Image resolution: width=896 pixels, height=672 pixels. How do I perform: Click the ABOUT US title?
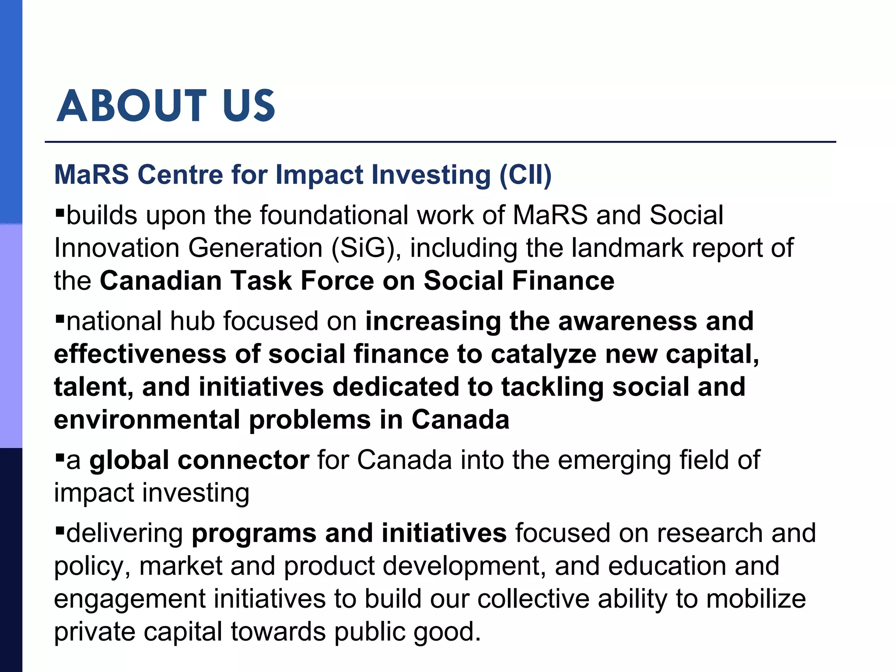[166, 105]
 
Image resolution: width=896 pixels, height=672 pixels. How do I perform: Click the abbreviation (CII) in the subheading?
[525, 175]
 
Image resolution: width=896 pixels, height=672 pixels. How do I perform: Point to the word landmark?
[628, 248]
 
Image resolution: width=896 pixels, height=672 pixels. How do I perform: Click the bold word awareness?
[627, 321]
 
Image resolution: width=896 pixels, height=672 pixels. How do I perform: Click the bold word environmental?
[147, 420]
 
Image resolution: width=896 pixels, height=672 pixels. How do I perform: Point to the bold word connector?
[243, 460]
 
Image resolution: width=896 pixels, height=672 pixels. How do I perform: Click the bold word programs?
[254, 533]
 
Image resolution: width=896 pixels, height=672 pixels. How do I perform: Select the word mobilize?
[756, 599]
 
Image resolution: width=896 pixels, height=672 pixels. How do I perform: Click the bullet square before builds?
[60, 213]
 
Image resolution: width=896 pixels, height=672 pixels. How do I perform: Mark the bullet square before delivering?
[60, 531]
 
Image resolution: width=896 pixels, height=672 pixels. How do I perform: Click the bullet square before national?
[60, 318]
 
